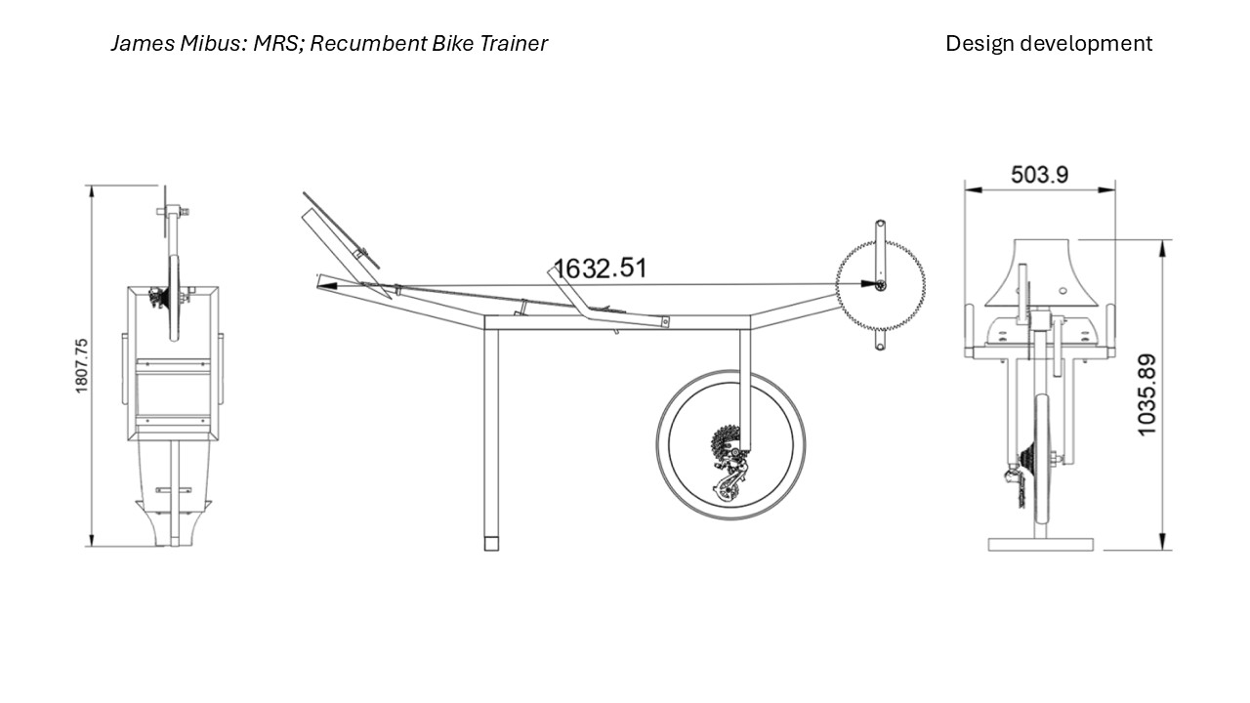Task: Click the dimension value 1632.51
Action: [600, 269]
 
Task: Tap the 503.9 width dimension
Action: [1040, 175]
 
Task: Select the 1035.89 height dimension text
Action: [1146, 395]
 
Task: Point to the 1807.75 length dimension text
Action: [81, 366]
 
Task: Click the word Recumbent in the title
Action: [362, 44]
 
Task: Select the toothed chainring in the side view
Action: [880, 285]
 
